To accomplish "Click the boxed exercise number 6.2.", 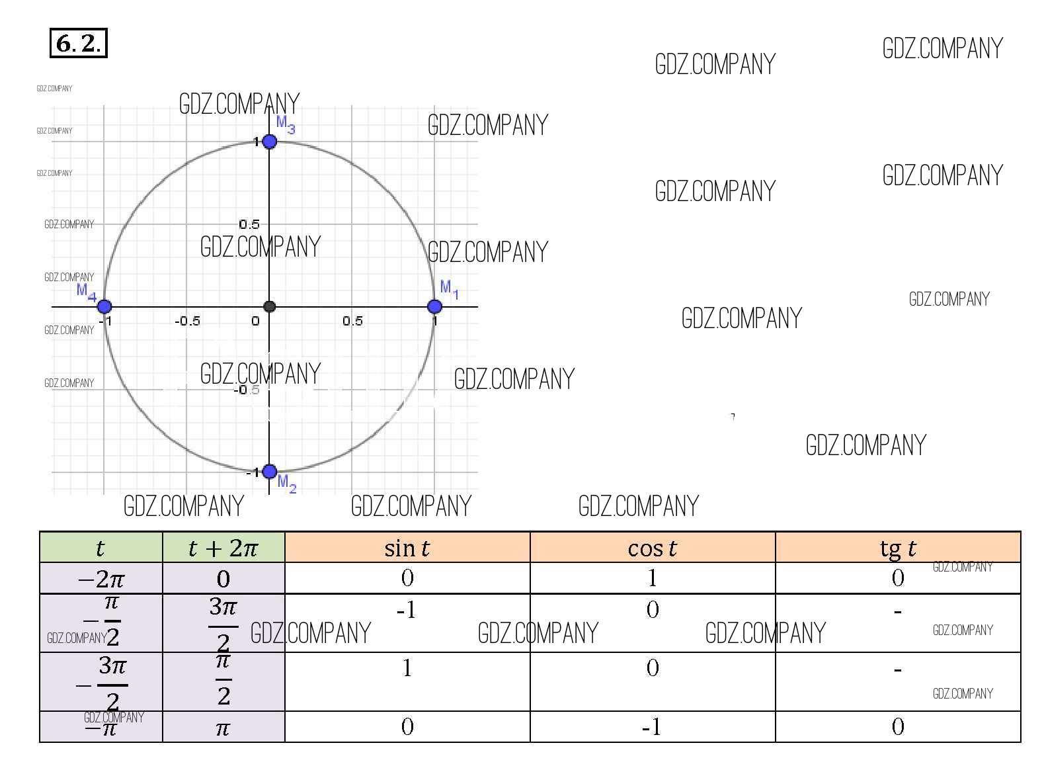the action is pyautogui.click(x=79, y=43).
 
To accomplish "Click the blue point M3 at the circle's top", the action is pyautogui.click(x=269, y=141).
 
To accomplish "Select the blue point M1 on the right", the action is pyautogui.click(x=434, y=306).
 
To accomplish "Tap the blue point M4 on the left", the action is pyautogui.click(x=104, y=306).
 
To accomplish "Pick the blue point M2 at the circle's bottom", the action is pyautogui.click(x=269, y=471).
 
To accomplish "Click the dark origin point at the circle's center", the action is pyautogui.click(x=269, y=306).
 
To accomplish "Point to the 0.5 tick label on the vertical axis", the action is pyautogui.click(x=249, y=224).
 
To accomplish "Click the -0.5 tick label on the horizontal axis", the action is pyautogui.click(x=188, y=321).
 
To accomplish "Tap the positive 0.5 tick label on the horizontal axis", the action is pyautogui.click(x=352, y=321).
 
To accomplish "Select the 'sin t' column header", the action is pyautogui.click(x=407, y=548).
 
